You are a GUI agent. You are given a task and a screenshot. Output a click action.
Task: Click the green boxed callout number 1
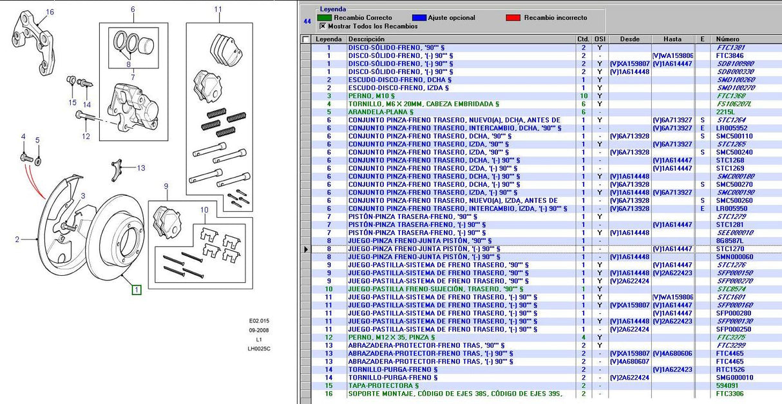[x=137, y=290]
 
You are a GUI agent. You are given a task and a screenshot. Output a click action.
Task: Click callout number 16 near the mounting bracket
[x=50, y=12]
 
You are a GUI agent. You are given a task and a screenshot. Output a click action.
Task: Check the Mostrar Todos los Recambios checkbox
[x=322, y=26]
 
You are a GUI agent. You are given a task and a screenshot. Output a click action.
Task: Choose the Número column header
[x=727, y=39]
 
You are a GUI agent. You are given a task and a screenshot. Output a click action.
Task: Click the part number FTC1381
[x=730, y=48]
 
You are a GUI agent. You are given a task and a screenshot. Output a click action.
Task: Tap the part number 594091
[x=728, y=385]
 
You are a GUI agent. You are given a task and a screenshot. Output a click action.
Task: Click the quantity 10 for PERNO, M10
[x=584, y=96]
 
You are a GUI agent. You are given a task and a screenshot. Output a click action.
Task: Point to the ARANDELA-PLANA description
[x=381, y=112]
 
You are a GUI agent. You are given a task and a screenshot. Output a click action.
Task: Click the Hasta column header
[x=672, y=39]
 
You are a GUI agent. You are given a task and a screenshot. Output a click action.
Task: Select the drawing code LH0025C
[x=260, y=349]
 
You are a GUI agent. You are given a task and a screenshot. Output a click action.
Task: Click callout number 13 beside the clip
[x=140, y=168]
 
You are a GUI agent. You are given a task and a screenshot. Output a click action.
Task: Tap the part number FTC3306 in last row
[x=730, y=394]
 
